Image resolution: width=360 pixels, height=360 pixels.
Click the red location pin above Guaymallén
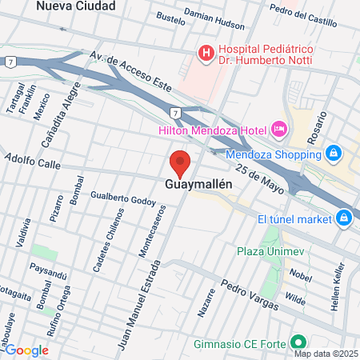[x=180, y=162]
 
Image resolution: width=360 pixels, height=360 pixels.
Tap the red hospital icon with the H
[x=206, y=54]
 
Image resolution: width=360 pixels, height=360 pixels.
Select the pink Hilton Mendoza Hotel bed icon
[x=279, y=129]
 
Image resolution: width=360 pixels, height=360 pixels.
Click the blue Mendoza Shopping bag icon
[x=334, y=152]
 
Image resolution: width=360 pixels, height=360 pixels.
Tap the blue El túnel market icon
[x=344, y=217]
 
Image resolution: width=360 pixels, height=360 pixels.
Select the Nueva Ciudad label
[x=76, y=6]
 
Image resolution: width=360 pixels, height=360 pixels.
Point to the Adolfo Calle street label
[x=33, y=162]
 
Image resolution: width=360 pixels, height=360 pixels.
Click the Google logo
[x=26, y=350]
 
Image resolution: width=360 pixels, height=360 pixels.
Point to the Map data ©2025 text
[x=324, y=354]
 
